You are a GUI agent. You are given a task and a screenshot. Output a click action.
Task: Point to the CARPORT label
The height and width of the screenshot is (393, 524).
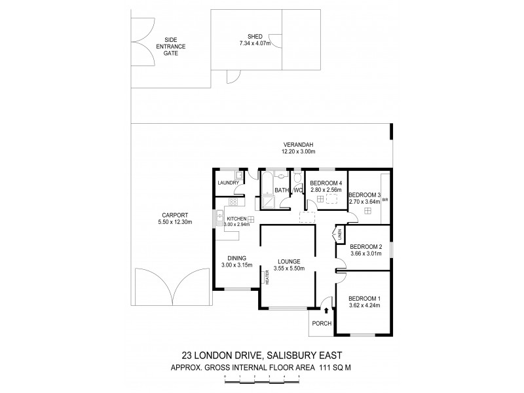pyautogui.click(x=174, y=215)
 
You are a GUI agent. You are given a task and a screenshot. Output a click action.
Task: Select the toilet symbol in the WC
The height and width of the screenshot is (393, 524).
pyautogui.click(x=298, y=178)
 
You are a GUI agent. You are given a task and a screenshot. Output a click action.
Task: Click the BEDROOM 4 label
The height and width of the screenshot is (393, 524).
pyautogui.click(x=326, y=183)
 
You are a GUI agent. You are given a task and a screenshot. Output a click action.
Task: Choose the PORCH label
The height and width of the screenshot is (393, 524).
pyautogui.click(x=322, y=324)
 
